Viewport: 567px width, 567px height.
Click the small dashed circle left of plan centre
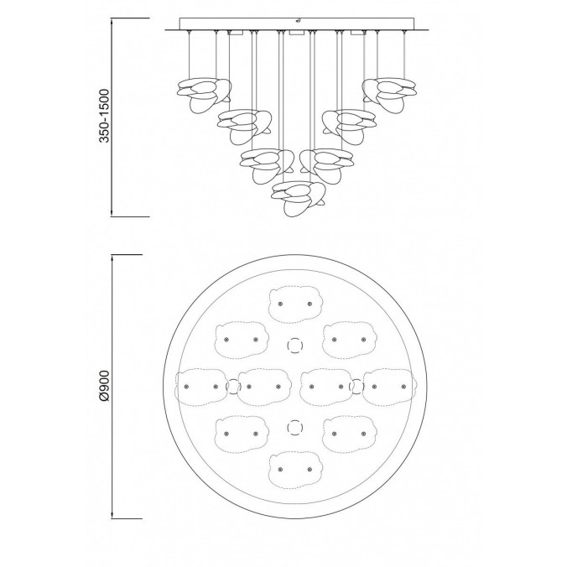233,386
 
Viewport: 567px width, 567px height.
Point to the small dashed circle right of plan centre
356,386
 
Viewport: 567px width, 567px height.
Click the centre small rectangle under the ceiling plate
295,33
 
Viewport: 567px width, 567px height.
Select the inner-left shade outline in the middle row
263,386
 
